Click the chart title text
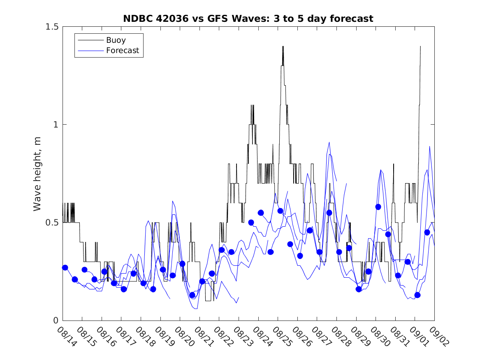tap(248, 19)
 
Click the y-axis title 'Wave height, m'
tap(37, 174)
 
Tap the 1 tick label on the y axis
tap(56, 125)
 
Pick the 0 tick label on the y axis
tap(56, 321)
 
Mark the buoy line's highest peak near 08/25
tap(283, 47)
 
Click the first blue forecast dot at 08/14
tap(65, 267)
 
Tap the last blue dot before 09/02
tap(427, 232)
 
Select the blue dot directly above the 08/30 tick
tap(378, 207)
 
